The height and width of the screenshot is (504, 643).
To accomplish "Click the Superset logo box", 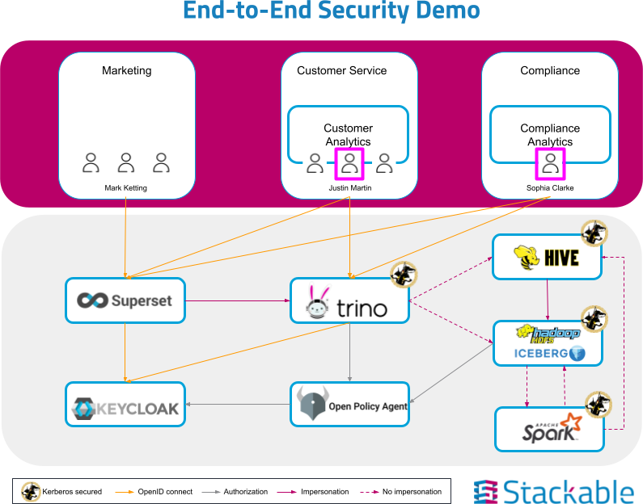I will click(x=125, y=300).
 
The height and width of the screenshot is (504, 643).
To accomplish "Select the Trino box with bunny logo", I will click(x=349, y=300).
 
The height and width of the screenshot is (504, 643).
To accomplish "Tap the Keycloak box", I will click(x=125, y=404).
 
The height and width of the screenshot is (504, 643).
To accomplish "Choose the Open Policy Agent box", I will click(x=349, y=404).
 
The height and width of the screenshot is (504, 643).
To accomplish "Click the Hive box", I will click(x=548, y=257).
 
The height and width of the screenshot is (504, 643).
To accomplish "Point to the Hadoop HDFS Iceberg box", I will click(x=548, y=342).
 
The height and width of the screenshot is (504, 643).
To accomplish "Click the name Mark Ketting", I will click(x=126, y=188).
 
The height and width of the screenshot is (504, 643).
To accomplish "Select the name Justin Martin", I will click(x=349, y=188).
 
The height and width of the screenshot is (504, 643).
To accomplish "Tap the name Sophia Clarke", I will click(x=550, y=188).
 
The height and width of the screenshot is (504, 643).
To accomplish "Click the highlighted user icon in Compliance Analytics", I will click(x=550, y=164).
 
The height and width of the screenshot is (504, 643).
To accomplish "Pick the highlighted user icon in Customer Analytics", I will click(x=349, y=164).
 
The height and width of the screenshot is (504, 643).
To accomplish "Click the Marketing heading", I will click(x=126, y=70).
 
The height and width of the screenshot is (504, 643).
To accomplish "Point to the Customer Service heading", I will click(x=341, y=70).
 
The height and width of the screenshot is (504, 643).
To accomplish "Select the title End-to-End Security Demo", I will click(x=331, y=11).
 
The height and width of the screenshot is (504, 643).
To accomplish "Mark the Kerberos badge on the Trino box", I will click(x=403, y=275).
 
